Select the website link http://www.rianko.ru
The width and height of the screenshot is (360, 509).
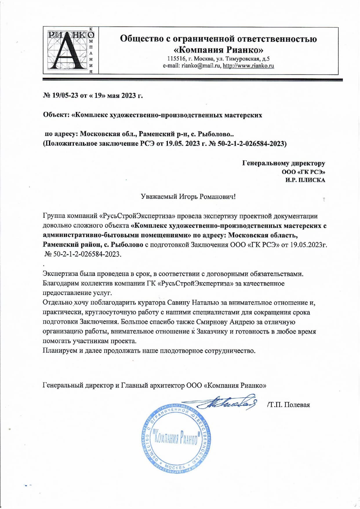point(248,66)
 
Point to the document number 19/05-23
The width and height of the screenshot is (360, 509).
point(65,95)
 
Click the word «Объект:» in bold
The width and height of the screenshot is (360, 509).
point(56,115)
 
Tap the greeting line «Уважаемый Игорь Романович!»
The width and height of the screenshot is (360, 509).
point(188,197)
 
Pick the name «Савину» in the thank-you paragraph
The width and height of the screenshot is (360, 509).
point(179,302)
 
